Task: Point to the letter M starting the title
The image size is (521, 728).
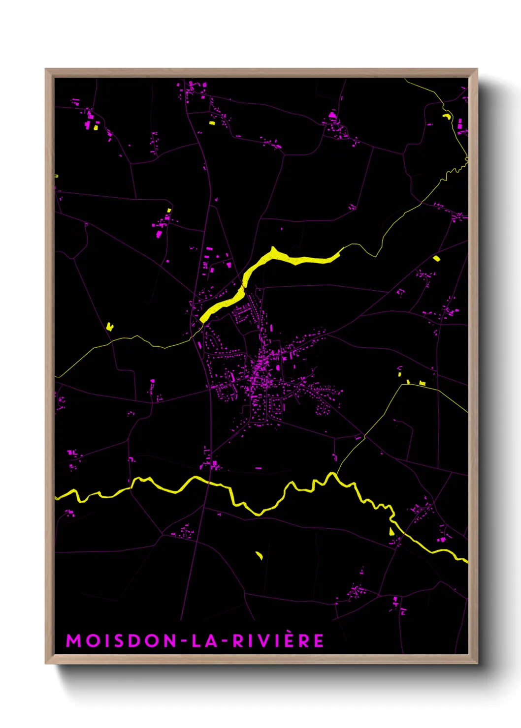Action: coord(73,641)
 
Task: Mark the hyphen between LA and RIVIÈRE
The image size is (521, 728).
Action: coord(225,641)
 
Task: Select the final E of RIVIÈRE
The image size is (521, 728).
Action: coord(319,641)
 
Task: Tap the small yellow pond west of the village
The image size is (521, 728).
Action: coord(109,326)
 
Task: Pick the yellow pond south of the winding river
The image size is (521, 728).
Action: coord(259,555)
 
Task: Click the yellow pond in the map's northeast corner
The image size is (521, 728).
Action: coord(447,117)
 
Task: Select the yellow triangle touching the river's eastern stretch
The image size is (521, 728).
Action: coord(391,531)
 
